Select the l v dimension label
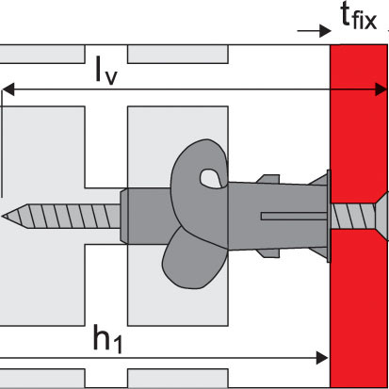click(106, 71)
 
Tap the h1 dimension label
click(107, 338)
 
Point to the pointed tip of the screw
click(3, 216)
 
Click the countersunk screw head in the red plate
click(381, 217)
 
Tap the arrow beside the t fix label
click(314, 31)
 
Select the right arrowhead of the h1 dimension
click(322, 358)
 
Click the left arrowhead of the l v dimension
click(8, 89)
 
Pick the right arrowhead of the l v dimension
click(381, 89)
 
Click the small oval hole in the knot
click(208, 177)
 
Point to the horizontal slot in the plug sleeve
click(294, 216)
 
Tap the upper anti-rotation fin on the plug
click(267, 179)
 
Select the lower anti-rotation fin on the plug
click(267, 253)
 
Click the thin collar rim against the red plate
click(329, 216)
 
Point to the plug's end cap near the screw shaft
click(124, 216)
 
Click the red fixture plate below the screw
click(359, 308)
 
